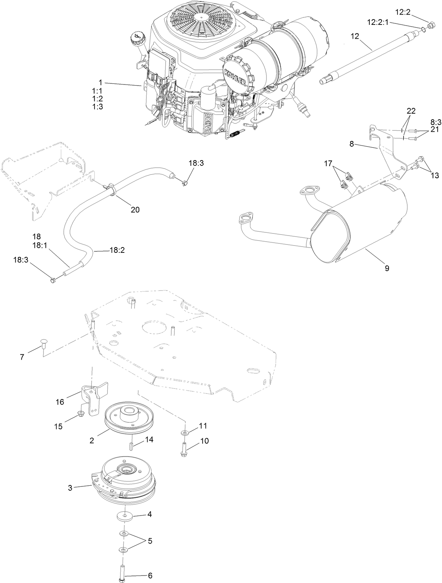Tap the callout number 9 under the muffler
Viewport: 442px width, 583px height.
(x=387, y=268)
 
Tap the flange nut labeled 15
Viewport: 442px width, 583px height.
(x=80, y=414)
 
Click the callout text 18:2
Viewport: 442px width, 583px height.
(x=117, y=250)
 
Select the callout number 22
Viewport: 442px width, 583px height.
(x=411, y=111)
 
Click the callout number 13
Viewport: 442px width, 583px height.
(x=435, y=175)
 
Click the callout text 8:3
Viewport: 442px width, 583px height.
(x=435, y=122)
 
